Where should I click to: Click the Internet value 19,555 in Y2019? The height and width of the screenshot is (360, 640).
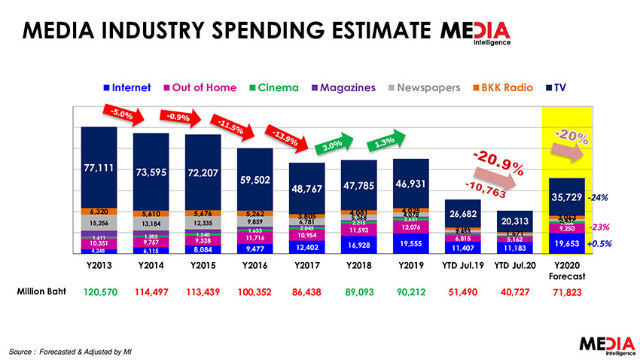[x=411, y=244]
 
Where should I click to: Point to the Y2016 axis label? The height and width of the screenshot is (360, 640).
[x=254, y=265]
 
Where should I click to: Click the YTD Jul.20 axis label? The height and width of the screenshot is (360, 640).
[x=514, y=265]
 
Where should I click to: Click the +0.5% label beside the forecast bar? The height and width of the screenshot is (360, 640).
[x=599, y=244]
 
